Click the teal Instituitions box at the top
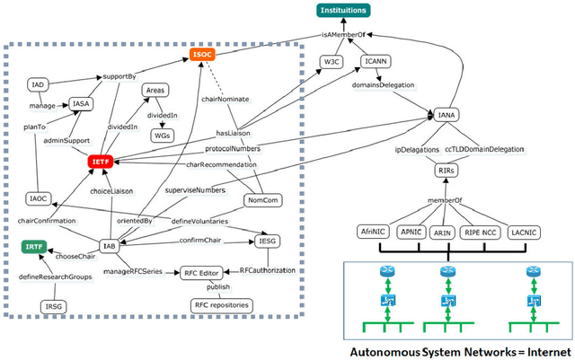342,10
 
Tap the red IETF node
100,162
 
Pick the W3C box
334,62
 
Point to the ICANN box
376,62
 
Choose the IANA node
447,116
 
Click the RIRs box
447,170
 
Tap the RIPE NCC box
482,232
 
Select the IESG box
269,241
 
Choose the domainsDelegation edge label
391,90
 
